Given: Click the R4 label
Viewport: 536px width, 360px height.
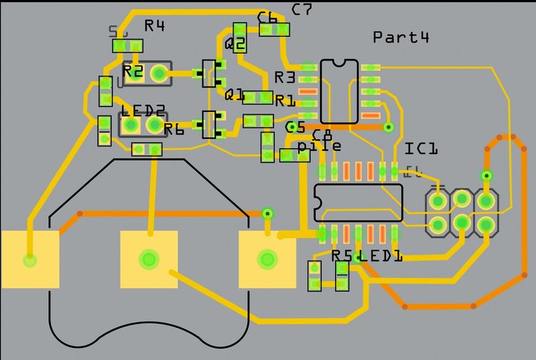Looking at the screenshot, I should coord(155,26).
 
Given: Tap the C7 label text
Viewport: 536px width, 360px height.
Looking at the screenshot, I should coord(302,9).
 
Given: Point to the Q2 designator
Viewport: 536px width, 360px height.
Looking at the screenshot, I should coord(236,45).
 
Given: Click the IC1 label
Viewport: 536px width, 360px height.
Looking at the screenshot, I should coord(421,148).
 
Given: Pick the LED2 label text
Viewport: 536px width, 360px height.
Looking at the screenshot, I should coord(143,111).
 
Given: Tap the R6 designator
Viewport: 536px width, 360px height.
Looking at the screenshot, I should coord(174,130).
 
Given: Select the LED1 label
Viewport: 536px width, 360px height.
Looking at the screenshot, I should coord(380,255).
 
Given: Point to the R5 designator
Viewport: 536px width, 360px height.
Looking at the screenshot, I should coord(342,255).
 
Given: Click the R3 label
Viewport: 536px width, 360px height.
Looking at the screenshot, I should coord(285,77).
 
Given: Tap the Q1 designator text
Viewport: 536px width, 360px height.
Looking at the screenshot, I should coord(235,95).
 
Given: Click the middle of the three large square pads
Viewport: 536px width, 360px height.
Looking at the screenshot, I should coord(148,259).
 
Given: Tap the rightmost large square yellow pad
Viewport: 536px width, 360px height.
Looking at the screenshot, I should coord(267,259).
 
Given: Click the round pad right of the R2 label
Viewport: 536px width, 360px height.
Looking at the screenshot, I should coord(159,72).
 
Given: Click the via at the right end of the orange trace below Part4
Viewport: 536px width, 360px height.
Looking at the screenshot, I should coord(387,127).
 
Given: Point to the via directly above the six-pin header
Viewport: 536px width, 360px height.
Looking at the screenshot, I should coord(486,176).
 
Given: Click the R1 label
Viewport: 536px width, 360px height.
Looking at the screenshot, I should coord(285,101).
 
